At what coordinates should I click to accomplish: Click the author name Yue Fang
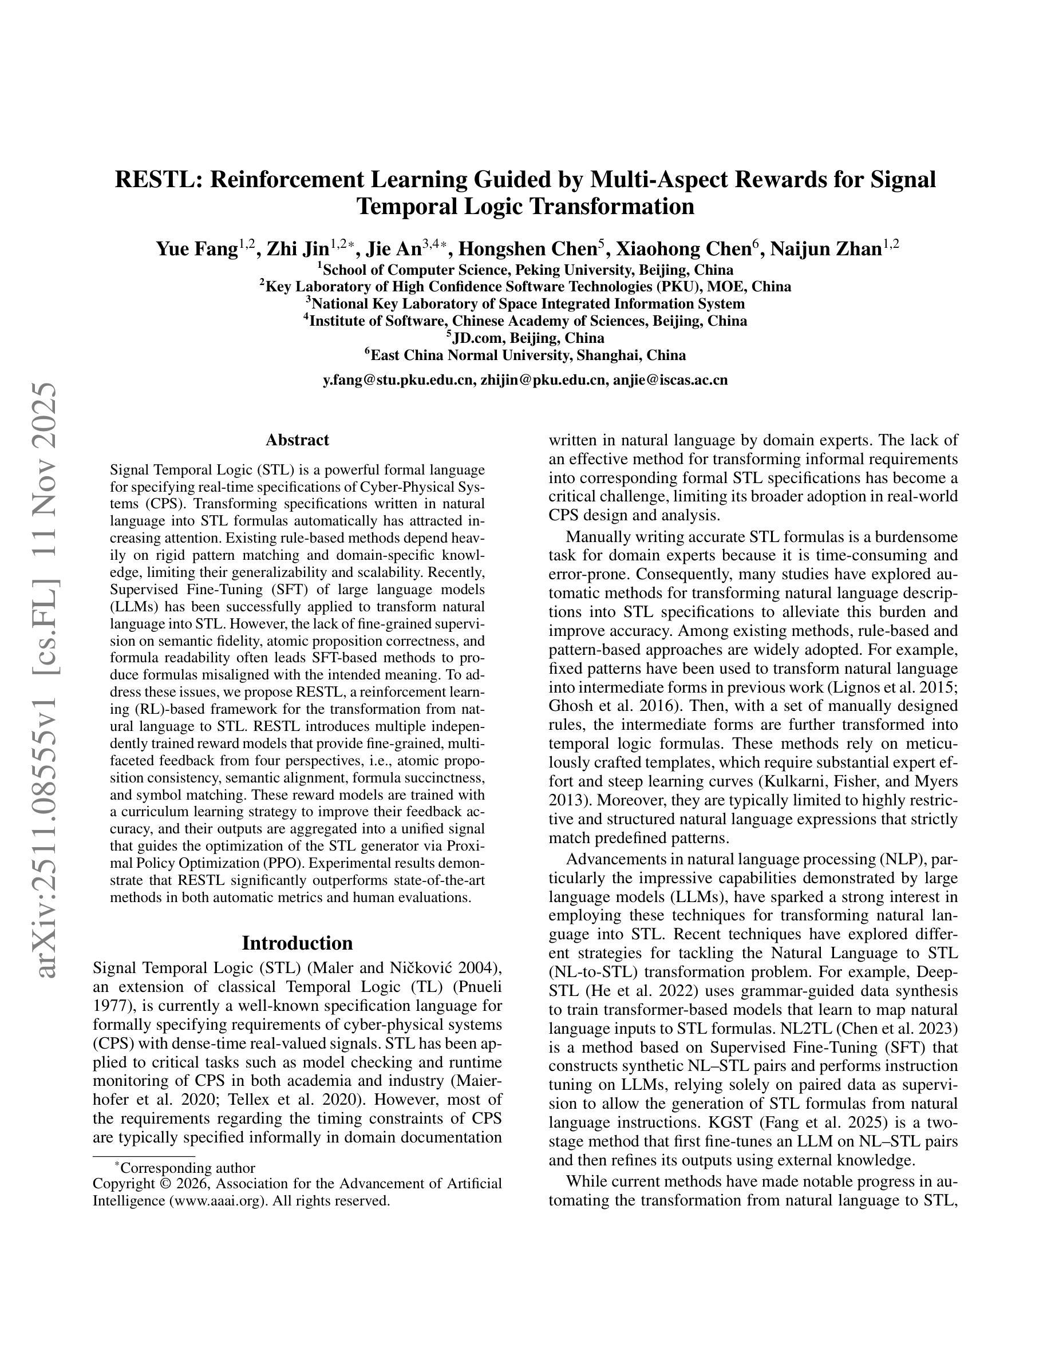pos(197,249)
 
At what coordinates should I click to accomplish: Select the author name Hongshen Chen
pos(527,249)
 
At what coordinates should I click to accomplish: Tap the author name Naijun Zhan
pos(825,249)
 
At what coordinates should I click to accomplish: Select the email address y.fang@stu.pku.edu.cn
pos(398,380)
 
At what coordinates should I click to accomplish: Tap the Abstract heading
pos(297,440)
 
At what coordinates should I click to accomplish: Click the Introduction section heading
pos(297,943)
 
